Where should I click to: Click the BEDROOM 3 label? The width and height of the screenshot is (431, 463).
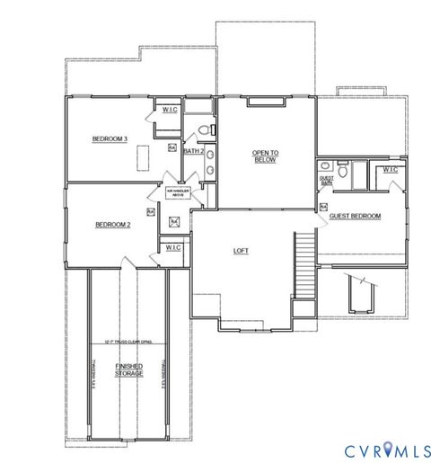[111, 139]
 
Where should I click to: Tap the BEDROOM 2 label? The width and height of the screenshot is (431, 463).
[113, 226]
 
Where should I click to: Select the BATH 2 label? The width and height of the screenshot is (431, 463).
[192, 151]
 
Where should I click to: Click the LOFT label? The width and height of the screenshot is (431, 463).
[241, 251]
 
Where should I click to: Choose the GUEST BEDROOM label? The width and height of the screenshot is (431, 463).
[355, 217]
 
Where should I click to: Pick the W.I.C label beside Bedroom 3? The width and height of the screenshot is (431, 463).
[171, 111]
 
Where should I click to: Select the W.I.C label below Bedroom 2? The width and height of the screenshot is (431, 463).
[173, 246]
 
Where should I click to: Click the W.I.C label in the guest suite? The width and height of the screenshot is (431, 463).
[391, 169]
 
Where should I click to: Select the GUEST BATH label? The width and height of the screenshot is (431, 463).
[326, 182]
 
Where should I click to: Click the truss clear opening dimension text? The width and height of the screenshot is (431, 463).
[128, 343]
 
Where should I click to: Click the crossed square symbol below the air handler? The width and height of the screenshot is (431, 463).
[175, 220]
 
